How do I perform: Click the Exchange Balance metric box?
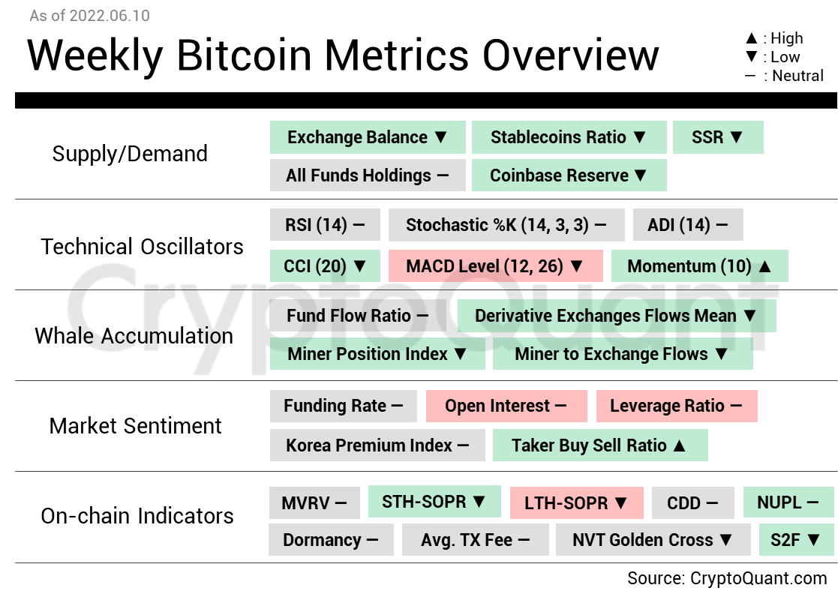(368, 137)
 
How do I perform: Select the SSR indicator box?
(718, 137)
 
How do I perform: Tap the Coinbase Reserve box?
(569, 175)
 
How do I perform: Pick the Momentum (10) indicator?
(699, 266)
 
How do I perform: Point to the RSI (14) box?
(325, 225)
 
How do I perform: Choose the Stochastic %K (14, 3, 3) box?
(506, 225)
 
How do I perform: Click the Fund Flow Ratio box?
(358, 316)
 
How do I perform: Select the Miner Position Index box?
(377, 354)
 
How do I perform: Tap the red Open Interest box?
(506, 406)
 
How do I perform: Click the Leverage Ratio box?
(676, 406)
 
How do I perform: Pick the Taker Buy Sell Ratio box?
(599, 445)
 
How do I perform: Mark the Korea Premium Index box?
(377, 445)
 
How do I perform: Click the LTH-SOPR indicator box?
(576, 502)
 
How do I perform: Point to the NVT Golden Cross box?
(653, 539)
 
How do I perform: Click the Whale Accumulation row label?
(134, 336)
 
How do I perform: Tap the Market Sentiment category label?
(136, 426)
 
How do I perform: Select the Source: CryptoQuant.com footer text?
(727, 578)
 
